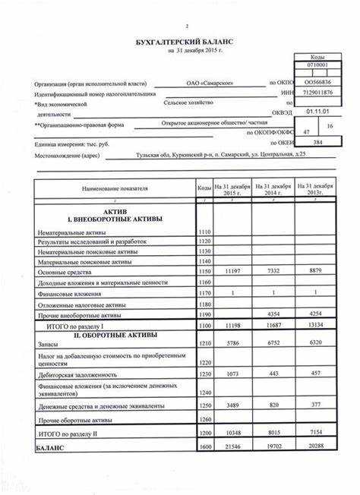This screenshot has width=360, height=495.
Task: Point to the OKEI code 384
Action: coord(318,143)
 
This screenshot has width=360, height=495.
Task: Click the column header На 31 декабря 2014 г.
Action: coord(272,188)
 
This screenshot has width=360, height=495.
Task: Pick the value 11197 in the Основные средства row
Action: coord(230,270)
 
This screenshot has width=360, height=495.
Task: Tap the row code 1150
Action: coord(204,270)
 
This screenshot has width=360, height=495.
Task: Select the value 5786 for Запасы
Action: coord(230,344)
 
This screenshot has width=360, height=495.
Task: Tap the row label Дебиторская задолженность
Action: coord(78,374)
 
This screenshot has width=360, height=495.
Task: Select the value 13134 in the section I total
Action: coord(313,324)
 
